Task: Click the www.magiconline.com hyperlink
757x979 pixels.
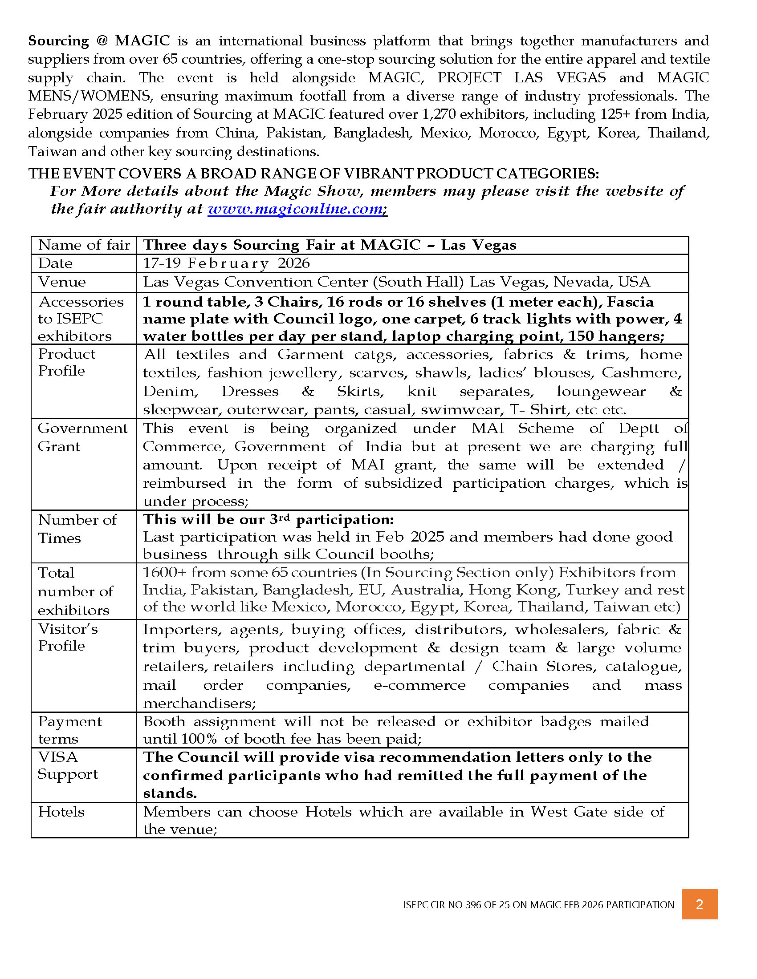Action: click(x=295, y=209)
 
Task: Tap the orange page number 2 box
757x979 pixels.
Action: click(x=699, y=904)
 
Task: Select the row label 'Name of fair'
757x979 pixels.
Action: click(x=84, y=245)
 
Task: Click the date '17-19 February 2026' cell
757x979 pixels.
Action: click(x=226, y=263)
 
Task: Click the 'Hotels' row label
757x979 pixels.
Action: click(x=61, y=811)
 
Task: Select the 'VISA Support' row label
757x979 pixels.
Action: click(x=67, y=765)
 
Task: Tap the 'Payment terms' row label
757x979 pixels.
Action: click(x=70, y=730)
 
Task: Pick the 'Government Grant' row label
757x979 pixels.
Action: click(x=82, y=437)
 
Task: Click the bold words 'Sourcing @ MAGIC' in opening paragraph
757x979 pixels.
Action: click(x=99, y=41)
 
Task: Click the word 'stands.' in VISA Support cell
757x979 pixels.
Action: click(x=170, y=793)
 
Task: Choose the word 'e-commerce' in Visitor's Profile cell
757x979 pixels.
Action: click(x=419, y=685)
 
